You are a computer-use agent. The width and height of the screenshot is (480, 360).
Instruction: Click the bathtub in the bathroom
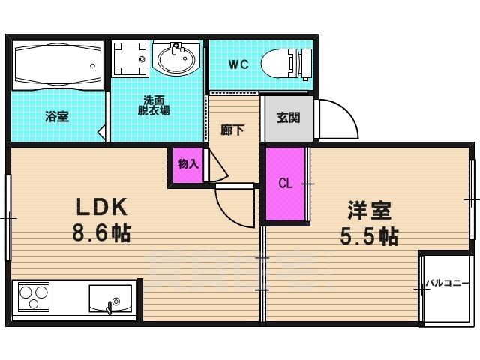(57, 64)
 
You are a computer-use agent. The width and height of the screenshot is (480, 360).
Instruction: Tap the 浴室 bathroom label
(57, 116)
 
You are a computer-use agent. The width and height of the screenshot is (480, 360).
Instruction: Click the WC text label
(238, 64)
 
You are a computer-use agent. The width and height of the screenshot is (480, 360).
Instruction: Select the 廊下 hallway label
(232, 128)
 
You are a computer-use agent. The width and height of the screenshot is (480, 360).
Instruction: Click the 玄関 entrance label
(288, 117)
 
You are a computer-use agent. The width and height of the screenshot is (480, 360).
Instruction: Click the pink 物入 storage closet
(187, 165)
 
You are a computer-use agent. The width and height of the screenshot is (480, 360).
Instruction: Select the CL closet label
(286, 184)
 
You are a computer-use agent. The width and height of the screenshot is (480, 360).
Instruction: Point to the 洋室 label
(368, 210)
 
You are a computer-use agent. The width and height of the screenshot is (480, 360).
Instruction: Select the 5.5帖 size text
(368, 235)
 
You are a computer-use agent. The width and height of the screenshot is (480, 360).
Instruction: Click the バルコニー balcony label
(445, 283)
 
